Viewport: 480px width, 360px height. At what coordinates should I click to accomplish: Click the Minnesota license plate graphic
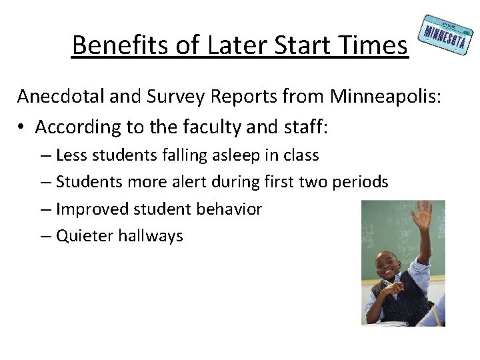click(x=444, y=35)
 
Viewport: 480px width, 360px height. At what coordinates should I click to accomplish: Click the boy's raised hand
click(x=422, y=217)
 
